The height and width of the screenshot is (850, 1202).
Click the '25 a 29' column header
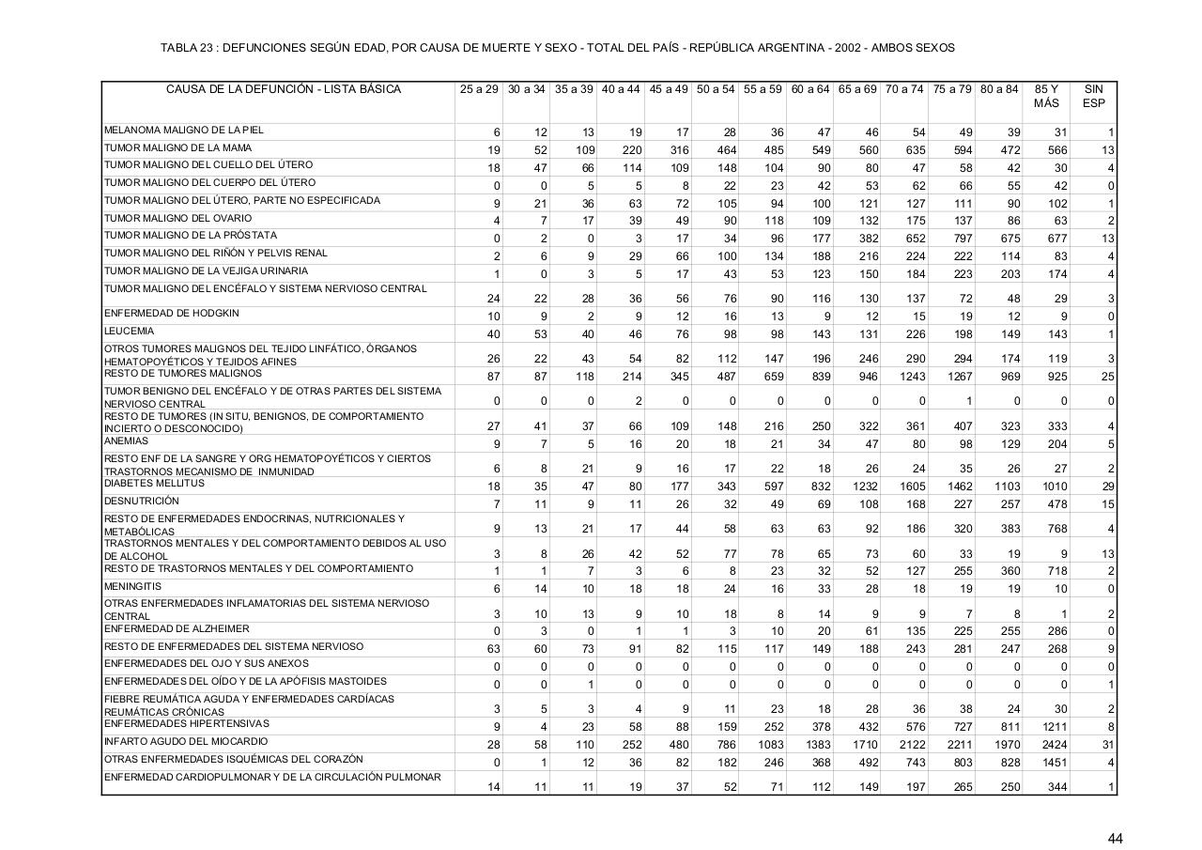[479, 89]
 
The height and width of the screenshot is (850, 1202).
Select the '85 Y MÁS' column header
[1046, 96]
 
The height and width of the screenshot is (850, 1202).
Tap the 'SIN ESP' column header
[1093, 96]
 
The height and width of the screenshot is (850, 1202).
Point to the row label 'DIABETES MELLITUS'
[154, 484]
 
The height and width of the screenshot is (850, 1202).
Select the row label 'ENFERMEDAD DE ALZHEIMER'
[177, 629]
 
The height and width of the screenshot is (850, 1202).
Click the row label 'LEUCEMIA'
[130, 332]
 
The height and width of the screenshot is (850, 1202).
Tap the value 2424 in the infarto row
[1055, 745]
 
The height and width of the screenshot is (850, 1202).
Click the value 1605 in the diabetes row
[912, 487]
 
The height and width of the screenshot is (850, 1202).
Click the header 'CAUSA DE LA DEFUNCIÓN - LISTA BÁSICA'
[283, 89]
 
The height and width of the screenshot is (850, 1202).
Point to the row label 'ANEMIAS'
[126, 440]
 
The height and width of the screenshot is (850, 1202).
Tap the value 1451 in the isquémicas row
[1055, 763]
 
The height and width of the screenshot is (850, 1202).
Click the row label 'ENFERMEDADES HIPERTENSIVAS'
[187, 724]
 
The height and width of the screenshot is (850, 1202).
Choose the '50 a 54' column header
[716, 89]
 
